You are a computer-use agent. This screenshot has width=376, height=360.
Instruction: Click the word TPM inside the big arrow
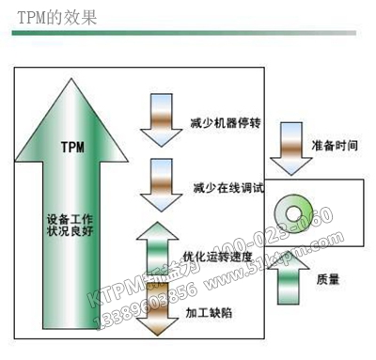[x=73, y=147]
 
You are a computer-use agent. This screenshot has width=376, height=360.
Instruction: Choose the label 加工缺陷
[x=208, y=310]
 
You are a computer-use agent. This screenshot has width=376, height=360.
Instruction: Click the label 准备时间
[x=332, y=146]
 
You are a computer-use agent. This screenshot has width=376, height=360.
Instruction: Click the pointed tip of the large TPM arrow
[x=73, y=79]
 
